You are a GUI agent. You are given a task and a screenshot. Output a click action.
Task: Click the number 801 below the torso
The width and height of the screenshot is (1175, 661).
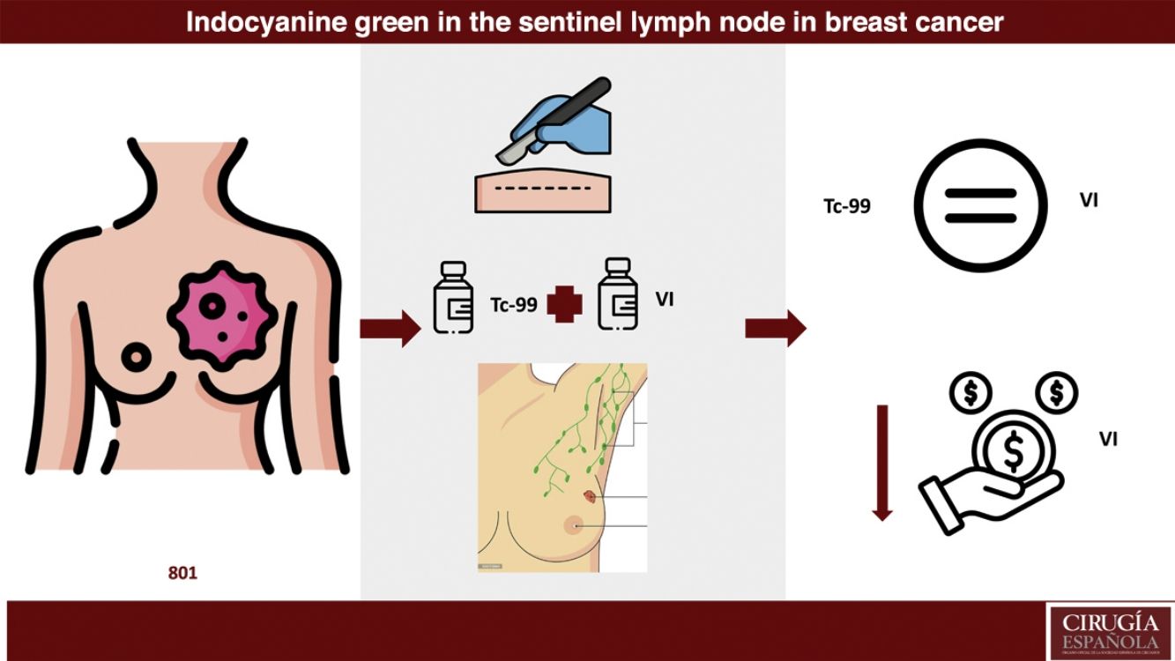[182, 573]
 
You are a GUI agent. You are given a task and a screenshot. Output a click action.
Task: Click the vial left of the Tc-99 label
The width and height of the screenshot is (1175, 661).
[453, 297]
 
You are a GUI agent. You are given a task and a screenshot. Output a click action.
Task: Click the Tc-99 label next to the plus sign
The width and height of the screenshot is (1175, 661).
[513, 305]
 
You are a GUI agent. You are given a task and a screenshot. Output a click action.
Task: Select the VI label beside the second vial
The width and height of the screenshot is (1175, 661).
[665, 300]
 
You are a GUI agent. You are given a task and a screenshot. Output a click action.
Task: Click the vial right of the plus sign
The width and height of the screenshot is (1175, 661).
[618, 294]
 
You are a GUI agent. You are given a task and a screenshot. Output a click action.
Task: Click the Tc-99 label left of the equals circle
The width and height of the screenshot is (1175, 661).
[846, 206]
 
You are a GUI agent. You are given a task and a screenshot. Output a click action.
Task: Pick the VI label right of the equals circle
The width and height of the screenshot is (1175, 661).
[1089, 201]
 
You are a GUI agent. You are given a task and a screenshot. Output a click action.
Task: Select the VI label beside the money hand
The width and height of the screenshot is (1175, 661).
[1108, 437]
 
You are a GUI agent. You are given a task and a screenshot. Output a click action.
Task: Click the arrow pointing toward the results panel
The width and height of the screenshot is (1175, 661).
[775, 329]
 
